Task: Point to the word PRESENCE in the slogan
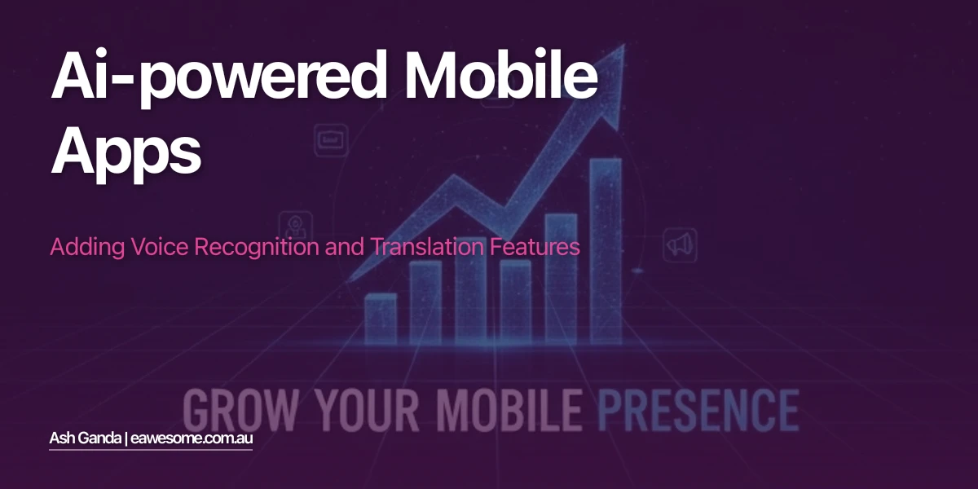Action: coord(698,409)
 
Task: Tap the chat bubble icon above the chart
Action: coord(332,139)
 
